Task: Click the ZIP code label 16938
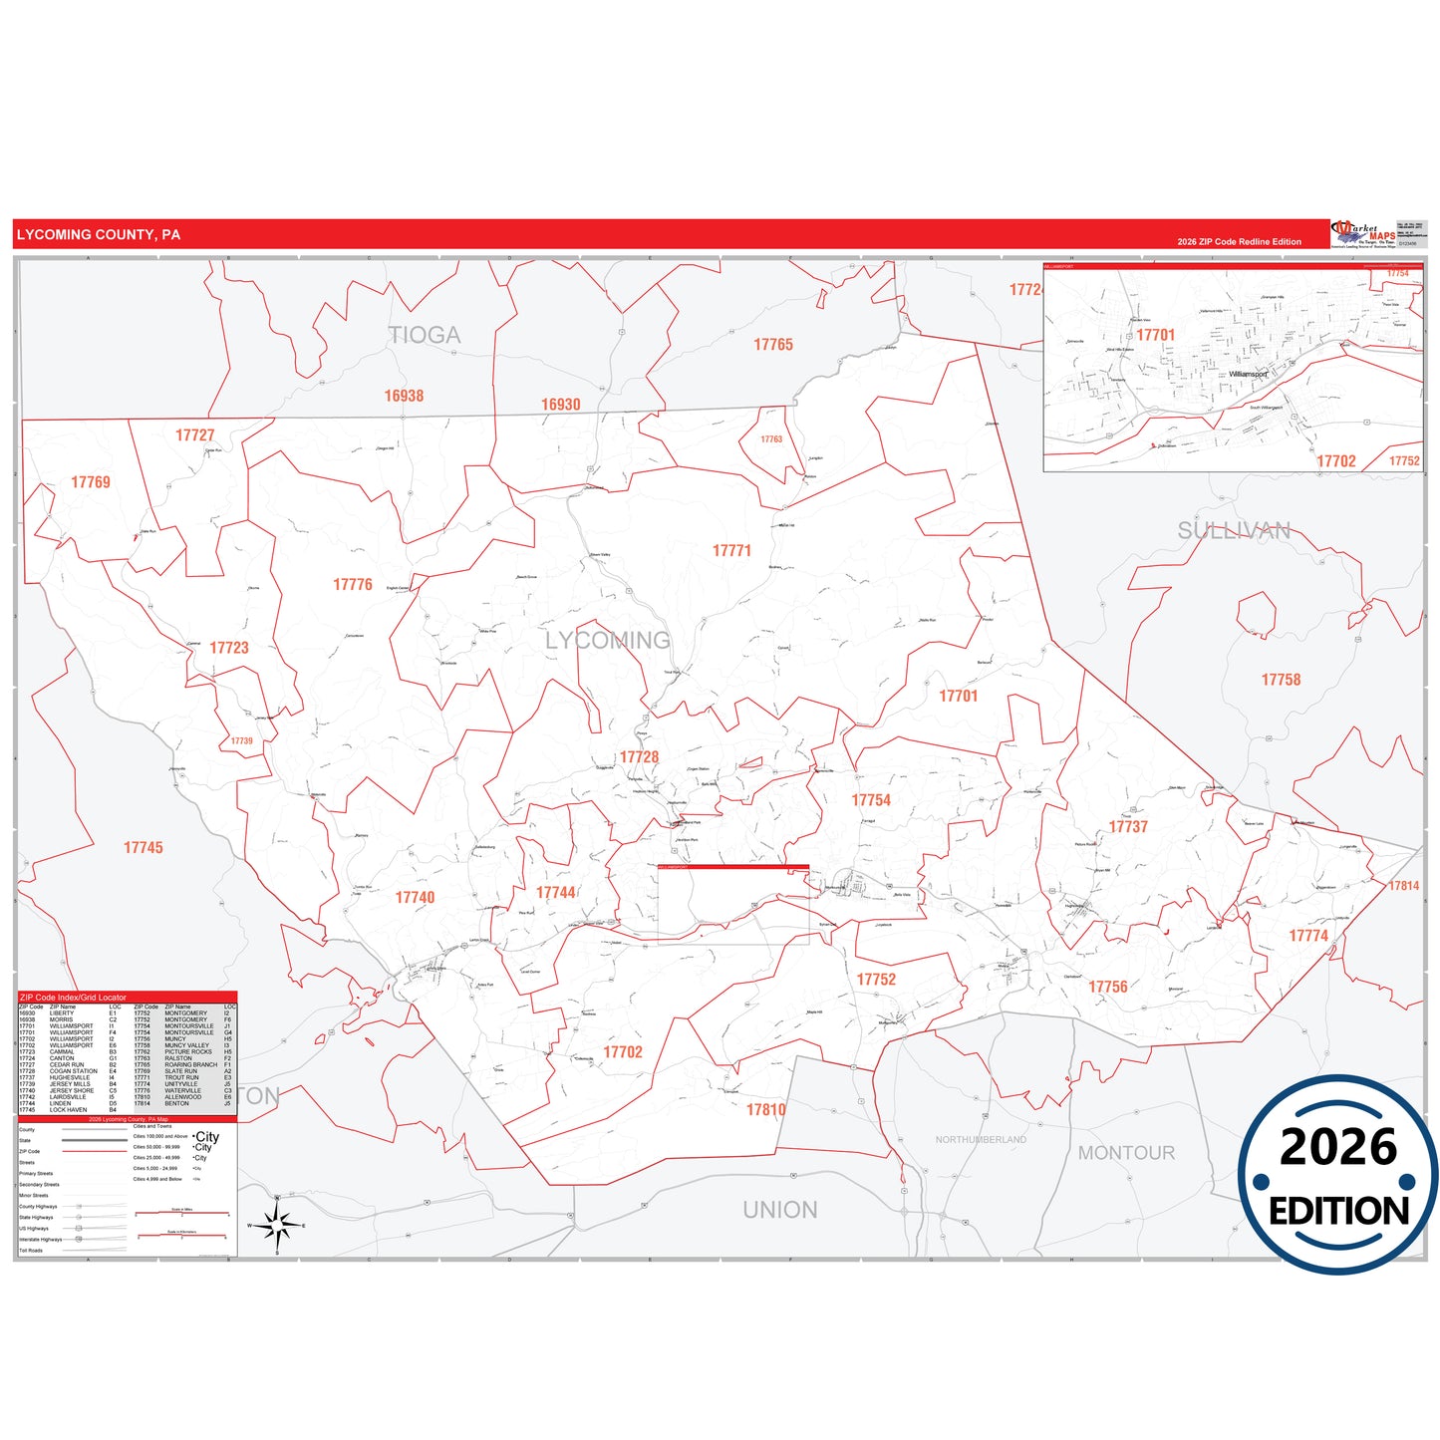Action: [404, 397]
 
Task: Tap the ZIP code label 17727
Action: [194, 435]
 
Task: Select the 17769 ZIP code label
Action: [91, 482]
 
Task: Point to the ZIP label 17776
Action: [353, 585]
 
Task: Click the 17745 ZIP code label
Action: [144, 848]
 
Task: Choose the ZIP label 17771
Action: [731, 551]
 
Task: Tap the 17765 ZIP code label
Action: [773, 345]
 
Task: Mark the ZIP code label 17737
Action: [1128, 827]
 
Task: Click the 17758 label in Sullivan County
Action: [1281, 680]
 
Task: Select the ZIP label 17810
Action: [766, 1110]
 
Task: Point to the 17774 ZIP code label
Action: [1308, 936]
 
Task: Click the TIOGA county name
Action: [426, 336]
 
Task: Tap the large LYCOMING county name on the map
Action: [608, 641]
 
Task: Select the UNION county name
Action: [780, 1210]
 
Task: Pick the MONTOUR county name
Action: [1126, 1153]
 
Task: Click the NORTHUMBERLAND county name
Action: [981, 1139]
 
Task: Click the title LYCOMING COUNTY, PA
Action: [99, 235]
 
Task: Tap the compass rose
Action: [278, 1225]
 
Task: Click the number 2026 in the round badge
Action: [1338, 1148]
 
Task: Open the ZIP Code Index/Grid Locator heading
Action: [74, 998]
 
